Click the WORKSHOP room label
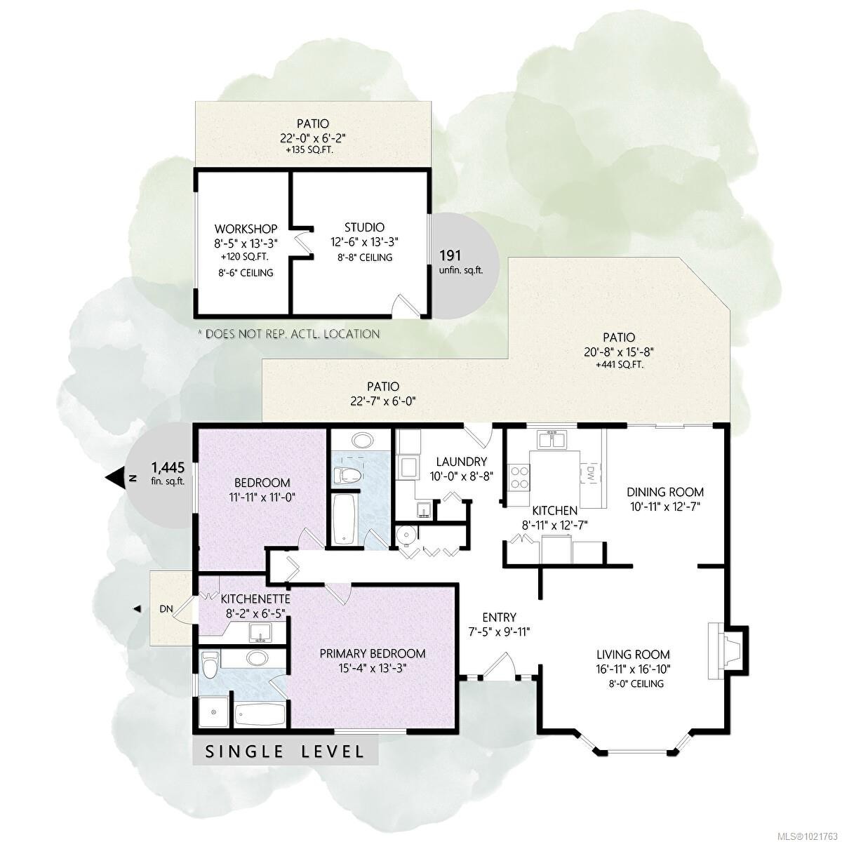pos(246,229)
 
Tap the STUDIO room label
pos(364,227)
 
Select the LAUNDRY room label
pos(461,462)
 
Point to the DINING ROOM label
pos(664,492)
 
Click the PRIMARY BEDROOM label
pos(373,653)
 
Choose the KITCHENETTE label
pos(255,599)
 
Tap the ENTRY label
pos(499,617)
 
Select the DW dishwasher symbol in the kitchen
pos(590,474)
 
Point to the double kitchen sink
pos(552,441)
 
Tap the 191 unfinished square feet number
pos(450,255)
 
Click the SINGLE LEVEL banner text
pos(285,752)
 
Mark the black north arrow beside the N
pos(114,478)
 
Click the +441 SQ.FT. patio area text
pos(619,365)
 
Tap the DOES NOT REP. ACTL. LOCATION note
pos(289,334)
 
